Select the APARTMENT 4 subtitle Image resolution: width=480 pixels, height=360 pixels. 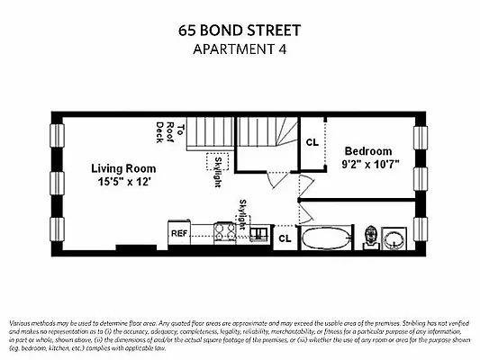pos(240,49)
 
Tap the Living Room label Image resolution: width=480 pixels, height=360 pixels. pos(122,168)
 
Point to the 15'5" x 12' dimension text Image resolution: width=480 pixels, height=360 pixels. pos(122,181)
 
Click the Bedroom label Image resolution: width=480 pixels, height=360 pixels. pos(368,151)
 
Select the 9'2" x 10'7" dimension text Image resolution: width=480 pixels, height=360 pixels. pos(368,164)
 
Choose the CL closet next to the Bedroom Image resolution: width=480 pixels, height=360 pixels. pos(312,142)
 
